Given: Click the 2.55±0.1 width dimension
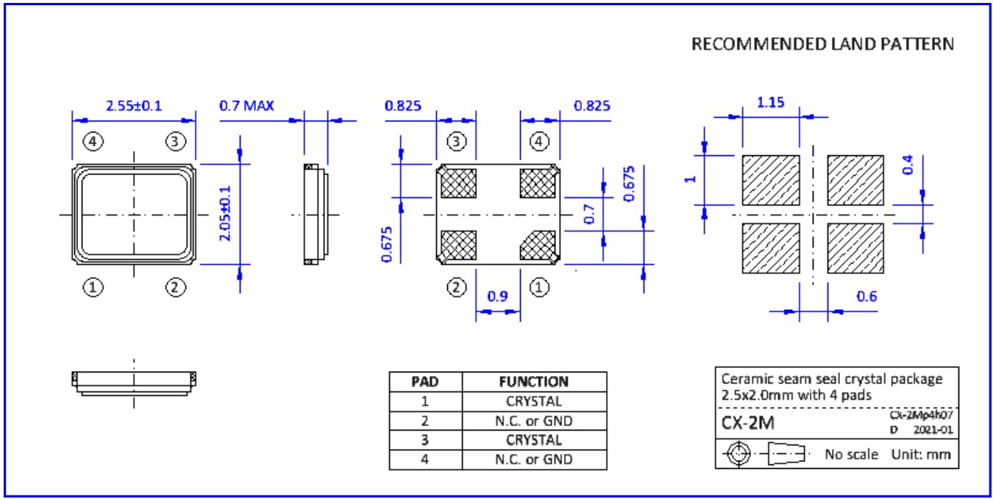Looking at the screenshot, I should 134,106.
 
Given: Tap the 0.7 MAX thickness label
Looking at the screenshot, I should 246,106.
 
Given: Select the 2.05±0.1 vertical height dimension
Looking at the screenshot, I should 226,213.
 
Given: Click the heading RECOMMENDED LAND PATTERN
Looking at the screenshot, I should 822,44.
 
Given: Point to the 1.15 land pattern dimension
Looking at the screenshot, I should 770,102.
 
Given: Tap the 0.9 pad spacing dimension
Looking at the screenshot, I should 498,297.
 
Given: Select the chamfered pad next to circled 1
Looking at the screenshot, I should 537,245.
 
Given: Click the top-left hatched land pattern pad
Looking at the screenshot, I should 770,180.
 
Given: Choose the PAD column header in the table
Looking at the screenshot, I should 424,382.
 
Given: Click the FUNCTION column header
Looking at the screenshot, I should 533,382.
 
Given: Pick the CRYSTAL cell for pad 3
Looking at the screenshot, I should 533,441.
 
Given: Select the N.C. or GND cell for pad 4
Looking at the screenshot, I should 533,460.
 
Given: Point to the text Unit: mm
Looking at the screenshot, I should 921,454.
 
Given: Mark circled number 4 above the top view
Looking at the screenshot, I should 92,141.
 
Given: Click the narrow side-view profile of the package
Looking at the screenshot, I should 313,214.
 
